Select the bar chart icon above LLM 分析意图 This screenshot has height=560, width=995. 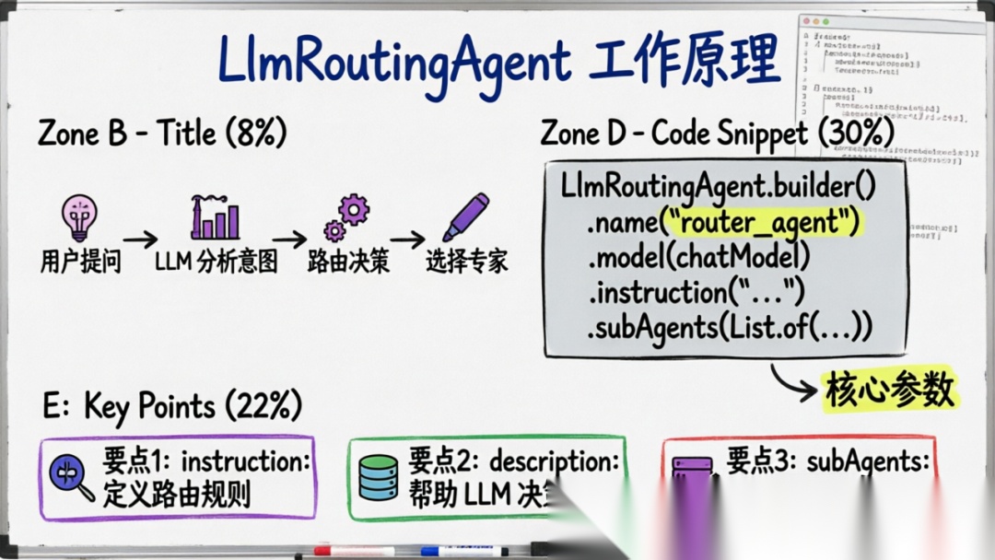(x=215, y=218)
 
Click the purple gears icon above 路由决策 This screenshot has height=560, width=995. (x=346, y=218)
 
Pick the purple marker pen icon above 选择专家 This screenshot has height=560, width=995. (x=465, y=217)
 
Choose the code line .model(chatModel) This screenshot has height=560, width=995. (x=699, y=257)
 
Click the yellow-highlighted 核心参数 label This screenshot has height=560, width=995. (x=890, y=391)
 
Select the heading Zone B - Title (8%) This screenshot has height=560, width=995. (x=162, y=134)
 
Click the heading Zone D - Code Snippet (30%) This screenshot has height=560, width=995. (x=718, y=134)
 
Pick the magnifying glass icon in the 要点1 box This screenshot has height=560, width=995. (x=73, y=477)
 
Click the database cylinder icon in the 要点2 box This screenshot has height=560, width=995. (x=378, y=477)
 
